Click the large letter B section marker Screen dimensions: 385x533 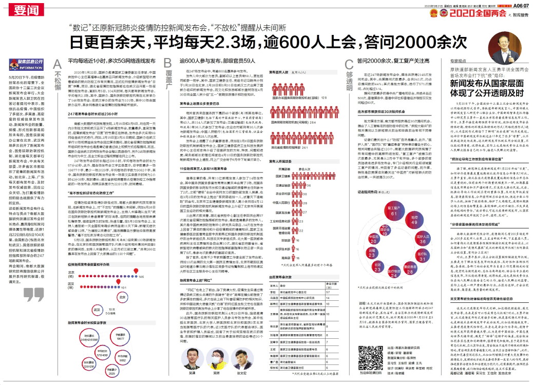(x=167, y=63)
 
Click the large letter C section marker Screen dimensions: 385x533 (x=348, y=64)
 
